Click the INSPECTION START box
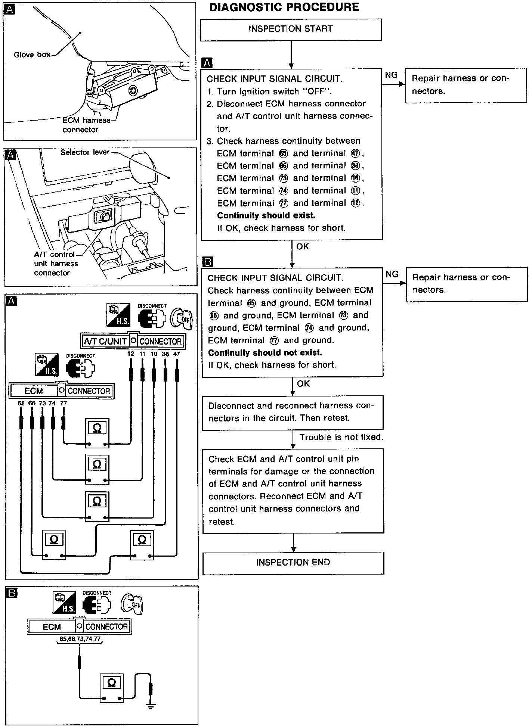[291, 29]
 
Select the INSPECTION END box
[293, 563]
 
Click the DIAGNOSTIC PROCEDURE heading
[284, 7]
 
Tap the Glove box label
[32, 55]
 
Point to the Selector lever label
[85, 152]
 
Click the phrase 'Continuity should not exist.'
[265, 353]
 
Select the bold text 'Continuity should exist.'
[266, 216]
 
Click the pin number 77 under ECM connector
[64, 404]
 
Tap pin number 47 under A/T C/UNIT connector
[177, 354]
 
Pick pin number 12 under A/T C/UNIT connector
[131, 354]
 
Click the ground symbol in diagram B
[151, 706]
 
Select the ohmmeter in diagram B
[111, 687]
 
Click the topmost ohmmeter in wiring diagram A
[97, 433]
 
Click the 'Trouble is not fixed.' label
[341, 437]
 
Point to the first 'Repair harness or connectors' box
[466, 85]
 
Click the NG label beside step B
[392, 274]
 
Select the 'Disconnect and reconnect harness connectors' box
[293, 412]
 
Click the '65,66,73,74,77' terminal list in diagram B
[80, 639]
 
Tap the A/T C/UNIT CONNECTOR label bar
[133, 341]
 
